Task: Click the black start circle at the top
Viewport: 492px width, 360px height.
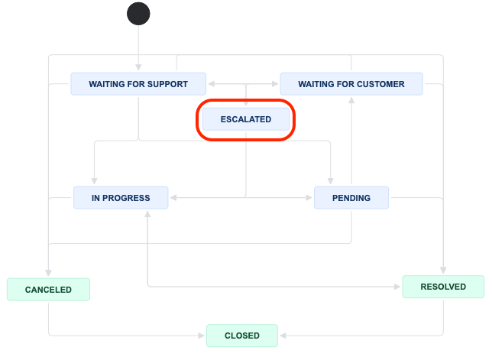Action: [138, 14]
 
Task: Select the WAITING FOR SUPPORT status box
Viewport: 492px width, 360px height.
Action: [138, 84]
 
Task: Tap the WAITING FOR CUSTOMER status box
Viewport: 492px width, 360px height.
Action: [351, 84]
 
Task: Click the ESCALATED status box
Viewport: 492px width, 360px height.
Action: [246, 119]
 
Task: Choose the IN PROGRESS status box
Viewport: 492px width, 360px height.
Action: [121, 198]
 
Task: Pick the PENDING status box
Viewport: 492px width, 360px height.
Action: [351, 198]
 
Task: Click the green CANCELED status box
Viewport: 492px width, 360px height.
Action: [48, 290]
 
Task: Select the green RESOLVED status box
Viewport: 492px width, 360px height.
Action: [443, 287]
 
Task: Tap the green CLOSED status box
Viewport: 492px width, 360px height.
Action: [241, 335]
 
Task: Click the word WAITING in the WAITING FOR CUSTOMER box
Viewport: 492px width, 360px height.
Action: [317, 84]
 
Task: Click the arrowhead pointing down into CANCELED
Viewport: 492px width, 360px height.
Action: [48, 274]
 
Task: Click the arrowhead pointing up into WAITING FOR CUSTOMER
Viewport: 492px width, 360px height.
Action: [351, 99]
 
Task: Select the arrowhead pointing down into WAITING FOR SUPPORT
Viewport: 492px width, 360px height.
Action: [138, 69]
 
